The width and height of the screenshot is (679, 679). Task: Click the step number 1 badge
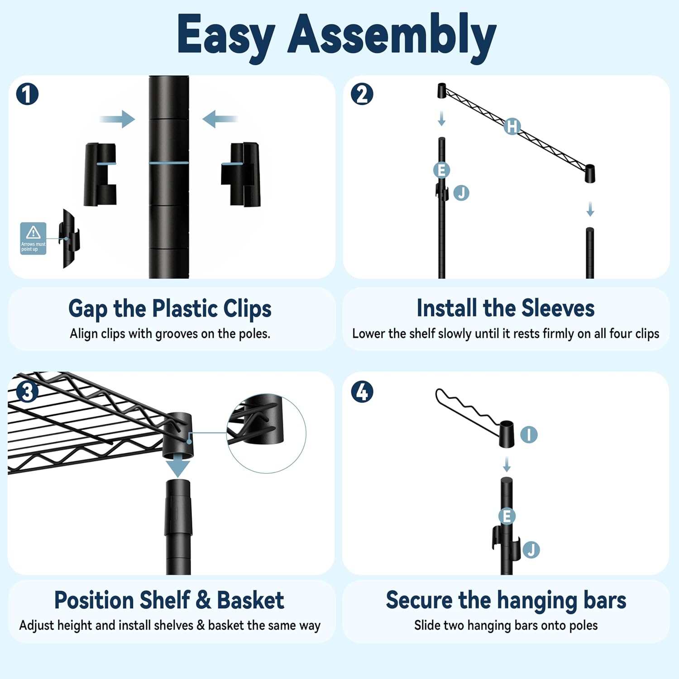pyautogui.click(x=27, y=94)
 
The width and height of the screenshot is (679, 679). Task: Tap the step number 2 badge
pyautogui.click(x=362, y=94)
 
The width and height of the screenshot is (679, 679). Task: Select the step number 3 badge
pyautogui.click(x=27, y=392)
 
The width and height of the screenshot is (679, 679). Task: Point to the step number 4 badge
pyautogui.click(x=362, y=392)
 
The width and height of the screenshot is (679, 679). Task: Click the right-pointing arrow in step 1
pyautogui.click(x=117, y=119)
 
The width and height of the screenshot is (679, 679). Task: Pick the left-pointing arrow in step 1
pyautogui.click(x=220, y=119)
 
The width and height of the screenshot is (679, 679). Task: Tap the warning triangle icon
pyautogui.click(x=33, y=233)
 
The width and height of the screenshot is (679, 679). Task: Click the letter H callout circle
pyautogui.click(x=512, y=126)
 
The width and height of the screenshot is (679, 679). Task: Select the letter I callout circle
pyautogui.click(x=529, y=435)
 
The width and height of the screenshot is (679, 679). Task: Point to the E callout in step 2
pyautogui.click(x=441, y=170)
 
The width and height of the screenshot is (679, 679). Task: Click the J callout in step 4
pyautogui.click(x=531, y=550)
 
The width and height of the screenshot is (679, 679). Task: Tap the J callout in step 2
pyautogui.click(x=461, y=193)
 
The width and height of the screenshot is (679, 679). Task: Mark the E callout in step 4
pyautogui.click(x=507, y=516)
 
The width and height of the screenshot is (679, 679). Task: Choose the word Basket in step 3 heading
pyautogui.click(x=250, y=600)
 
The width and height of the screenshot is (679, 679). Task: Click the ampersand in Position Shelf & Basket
pyautogui.click(x=203, y=600)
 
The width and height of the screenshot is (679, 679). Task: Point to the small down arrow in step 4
pyautogui.click(x=507, y=464)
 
